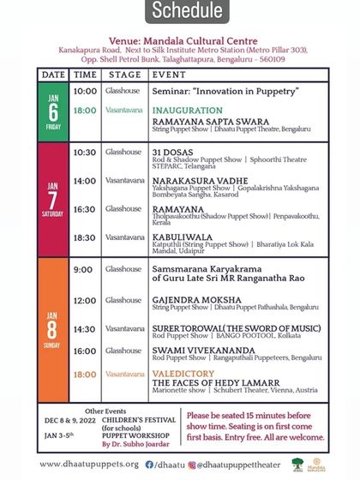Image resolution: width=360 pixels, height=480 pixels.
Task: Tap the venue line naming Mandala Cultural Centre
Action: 181,39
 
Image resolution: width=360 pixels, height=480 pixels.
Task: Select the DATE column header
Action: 53,75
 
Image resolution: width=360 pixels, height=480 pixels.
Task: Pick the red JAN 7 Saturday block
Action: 52,199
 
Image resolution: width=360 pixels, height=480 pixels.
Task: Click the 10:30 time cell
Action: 85,153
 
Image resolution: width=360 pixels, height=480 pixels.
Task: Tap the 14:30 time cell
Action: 85,329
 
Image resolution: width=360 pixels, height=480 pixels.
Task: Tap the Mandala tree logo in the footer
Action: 297,464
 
